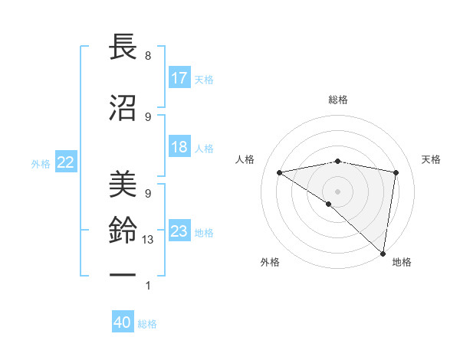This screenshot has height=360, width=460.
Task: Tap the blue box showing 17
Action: coord(179,78)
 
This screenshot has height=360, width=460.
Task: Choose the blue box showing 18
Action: coord(179,147)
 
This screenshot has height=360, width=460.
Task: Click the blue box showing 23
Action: coord(179,231)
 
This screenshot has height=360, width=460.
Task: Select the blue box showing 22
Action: coord(66,162)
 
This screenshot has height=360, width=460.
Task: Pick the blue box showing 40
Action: coord(123,323)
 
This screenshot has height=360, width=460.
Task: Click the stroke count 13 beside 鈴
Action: coord(149,240)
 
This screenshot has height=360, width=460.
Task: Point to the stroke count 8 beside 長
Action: coord(147,56)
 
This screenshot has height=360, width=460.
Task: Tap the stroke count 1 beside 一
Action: coord(147,286)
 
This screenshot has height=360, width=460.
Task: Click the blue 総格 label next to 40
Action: coord(147,324)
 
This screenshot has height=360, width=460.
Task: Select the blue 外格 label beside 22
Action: coord(41,163)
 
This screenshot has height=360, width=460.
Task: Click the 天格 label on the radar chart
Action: coord(431,159)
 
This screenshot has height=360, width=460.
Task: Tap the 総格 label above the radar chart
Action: coord(338,100)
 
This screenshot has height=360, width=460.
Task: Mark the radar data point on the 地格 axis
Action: coord(383,253)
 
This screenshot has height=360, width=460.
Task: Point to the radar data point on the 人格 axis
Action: coord(280,172)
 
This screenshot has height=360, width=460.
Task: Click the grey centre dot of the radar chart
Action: coord(337,191)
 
